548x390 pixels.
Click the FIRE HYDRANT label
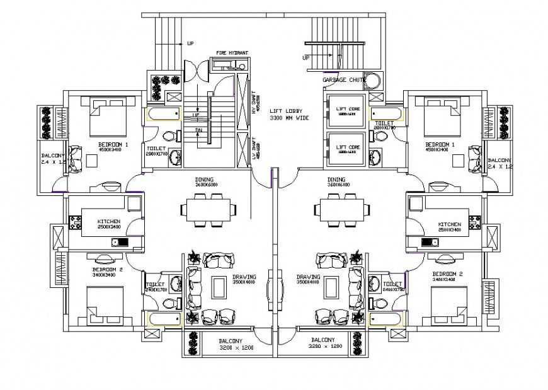[232, 52]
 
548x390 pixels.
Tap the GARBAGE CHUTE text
[344, 80]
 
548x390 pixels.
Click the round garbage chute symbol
[373, 82]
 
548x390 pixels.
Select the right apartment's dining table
[340, 209]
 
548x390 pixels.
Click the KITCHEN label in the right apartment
[450, 224]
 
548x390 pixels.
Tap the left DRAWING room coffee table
[219, 287]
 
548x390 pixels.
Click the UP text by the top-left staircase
[190, 43]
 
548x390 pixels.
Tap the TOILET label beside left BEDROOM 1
[156, 149]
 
